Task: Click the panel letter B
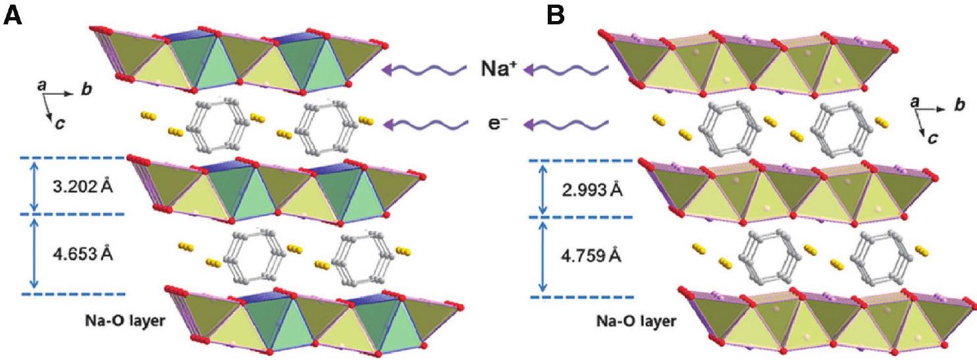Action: coord(556,14)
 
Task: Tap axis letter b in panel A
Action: coord(86,90)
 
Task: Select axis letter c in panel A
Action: coord(59,122)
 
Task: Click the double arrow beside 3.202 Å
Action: coord(35,186)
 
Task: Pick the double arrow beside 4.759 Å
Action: coord(543,257)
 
